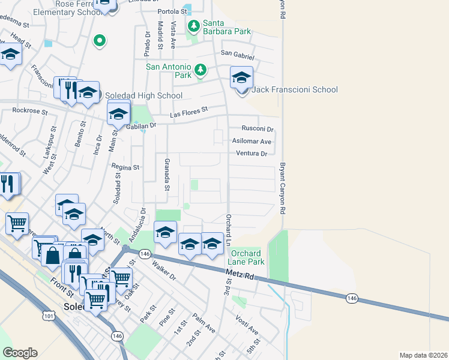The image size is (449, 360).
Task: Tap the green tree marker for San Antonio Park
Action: point(200,71)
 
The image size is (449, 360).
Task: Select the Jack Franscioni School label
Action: point(295,90)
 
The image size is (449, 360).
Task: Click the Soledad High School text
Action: point(143,95)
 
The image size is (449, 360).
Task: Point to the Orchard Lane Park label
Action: point(246,257)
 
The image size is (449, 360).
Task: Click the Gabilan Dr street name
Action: point(141,125)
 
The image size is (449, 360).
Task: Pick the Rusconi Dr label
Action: point(257,129)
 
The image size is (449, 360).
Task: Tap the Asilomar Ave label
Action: point(252,142)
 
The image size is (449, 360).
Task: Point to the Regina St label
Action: point(125,167)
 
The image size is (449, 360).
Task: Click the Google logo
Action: point(20,352)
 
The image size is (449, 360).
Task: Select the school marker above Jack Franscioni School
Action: point(241,78)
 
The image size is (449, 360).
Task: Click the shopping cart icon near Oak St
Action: point(121,278)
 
